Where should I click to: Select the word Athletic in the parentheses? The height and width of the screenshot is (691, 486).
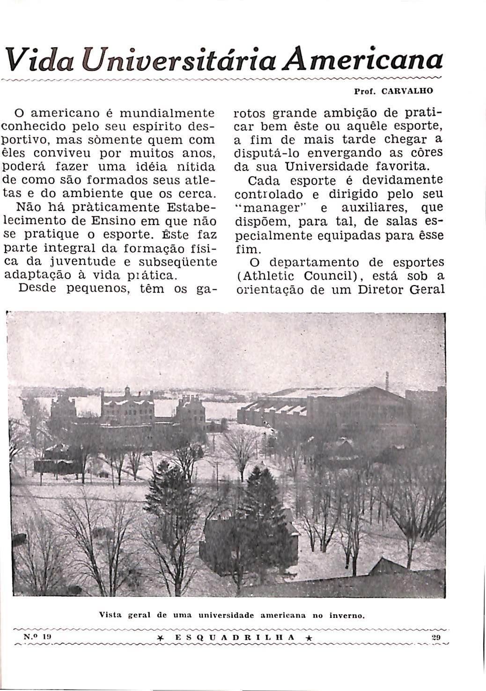point(266,276)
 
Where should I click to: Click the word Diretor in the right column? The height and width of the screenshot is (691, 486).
point(380,289)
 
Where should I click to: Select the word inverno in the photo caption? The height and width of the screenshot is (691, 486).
point(346,615)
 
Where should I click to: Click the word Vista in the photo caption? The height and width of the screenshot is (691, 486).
point(110,615)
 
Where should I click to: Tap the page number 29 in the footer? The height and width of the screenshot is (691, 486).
point(437,637)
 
